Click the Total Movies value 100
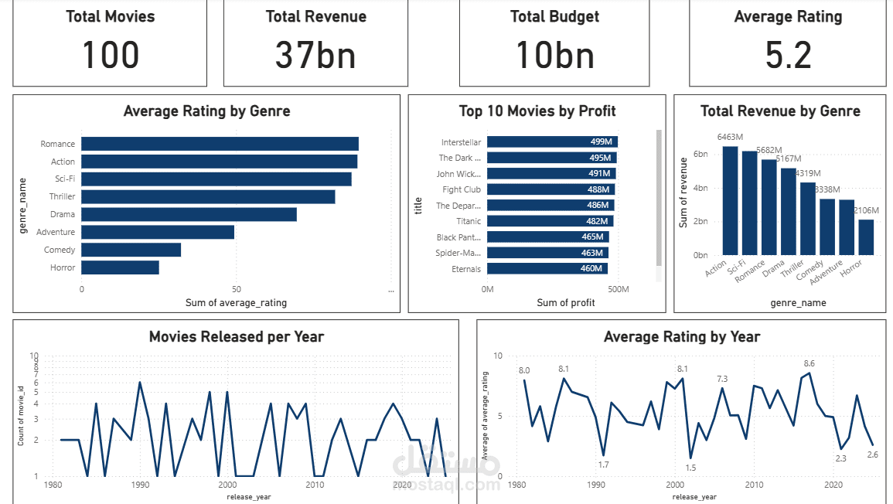[x=111, y=56]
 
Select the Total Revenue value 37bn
[x=315, y=56]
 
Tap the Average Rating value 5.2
[x=788, y=56]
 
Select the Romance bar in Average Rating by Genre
[x=220, y=144]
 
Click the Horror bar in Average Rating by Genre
[x=120, y=267]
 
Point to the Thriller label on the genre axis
[x=63, y=197]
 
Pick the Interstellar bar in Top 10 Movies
[x=552, y=142]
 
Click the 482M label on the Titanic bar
[x=597, y=221]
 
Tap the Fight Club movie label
[x=462, y=189]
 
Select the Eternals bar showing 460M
[x=547, y=269]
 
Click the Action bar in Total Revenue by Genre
[x=731, y=200]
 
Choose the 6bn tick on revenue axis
[x=700, y=155]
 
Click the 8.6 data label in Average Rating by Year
[x=809, y=363]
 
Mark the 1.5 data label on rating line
[x=690, y=468]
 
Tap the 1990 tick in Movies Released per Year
[x=140, y=485]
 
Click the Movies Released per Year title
[x=236, y=336]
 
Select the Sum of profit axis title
[x=566, y=302]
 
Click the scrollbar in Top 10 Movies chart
[x=659, y=198]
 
